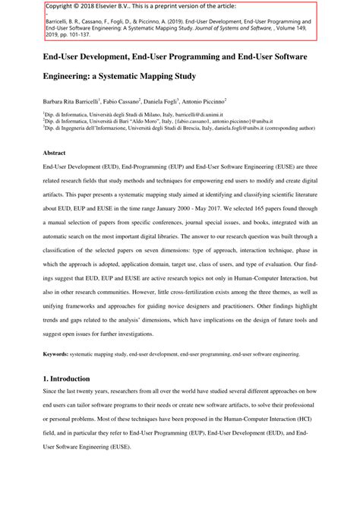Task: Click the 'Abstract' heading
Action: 56,151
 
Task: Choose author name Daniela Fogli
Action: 186,101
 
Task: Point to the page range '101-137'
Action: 84,34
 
